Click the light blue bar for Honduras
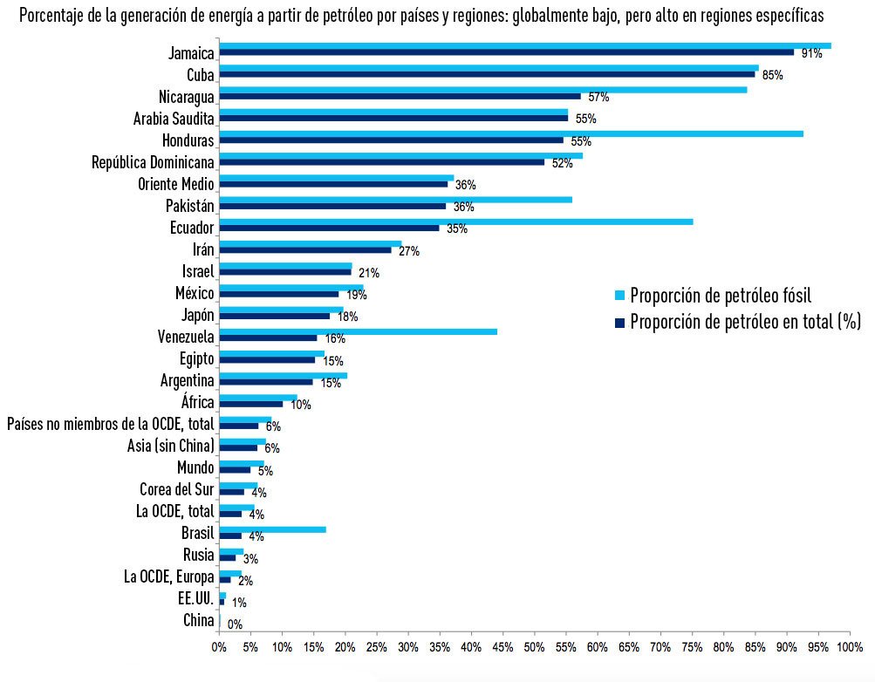[x=510, y=133]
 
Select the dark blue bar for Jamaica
[x=506, y=52]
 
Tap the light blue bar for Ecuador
[x=455, y=222]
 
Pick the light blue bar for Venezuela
[x=358, y=331]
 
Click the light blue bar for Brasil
[x=272, y=529]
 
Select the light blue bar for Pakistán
[x=395, y=200]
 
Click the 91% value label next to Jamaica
[x=811, y=54]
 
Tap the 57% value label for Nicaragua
[x=598, y=97]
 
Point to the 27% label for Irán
[x=408, y=251]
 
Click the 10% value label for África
[x=300, y=405]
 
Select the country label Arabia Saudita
[x=174, y=118]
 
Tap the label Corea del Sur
[x=176, y=488]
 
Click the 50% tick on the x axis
[x=534, y=647]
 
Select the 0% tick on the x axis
[x=219, y=647]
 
